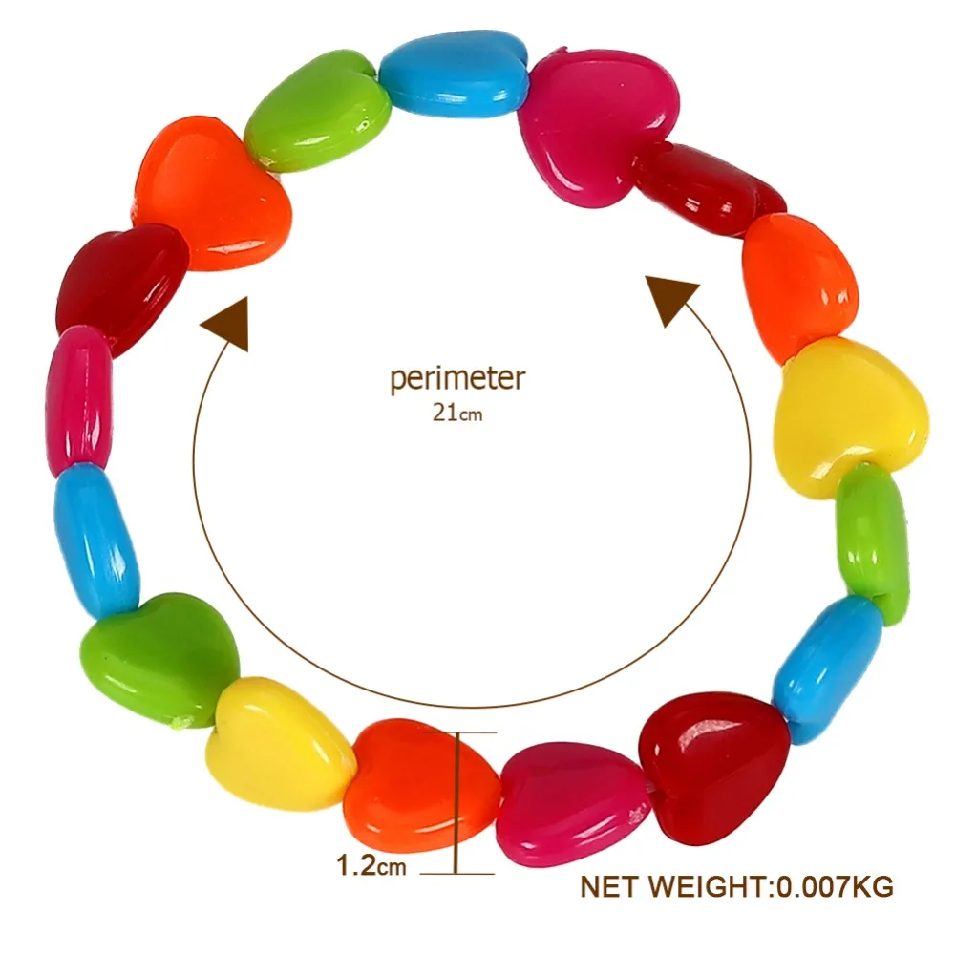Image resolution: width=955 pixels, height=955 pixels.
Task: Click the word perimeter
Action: coord(456,379)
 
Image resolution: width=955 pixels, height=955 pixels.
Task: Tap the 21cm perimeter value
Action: coord(457,413)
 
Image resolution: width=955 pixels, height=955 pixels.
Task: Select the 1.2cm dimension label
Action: coord(371,865)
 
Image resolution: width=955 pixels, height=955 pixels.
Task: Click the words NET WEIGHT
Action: coord(673,887)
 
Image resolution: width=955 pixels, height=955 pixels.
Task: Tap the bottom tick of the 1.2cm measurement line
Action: coord(456,874)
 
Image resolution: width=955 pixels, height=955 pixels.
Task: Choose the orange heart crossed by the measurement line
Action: coord(420,786)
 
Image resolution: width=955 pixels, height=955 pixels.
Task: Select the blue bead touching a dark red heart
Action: coord(829,668)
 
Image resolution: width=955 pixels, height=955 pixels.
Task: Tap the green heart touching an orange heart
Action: coord(317,111)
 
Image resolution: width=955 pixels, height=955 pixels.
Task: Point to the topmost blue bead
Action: coord(454,74)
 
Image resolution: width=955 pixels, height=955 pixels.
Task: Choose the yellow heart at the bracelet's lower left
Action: coord(279,744)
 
